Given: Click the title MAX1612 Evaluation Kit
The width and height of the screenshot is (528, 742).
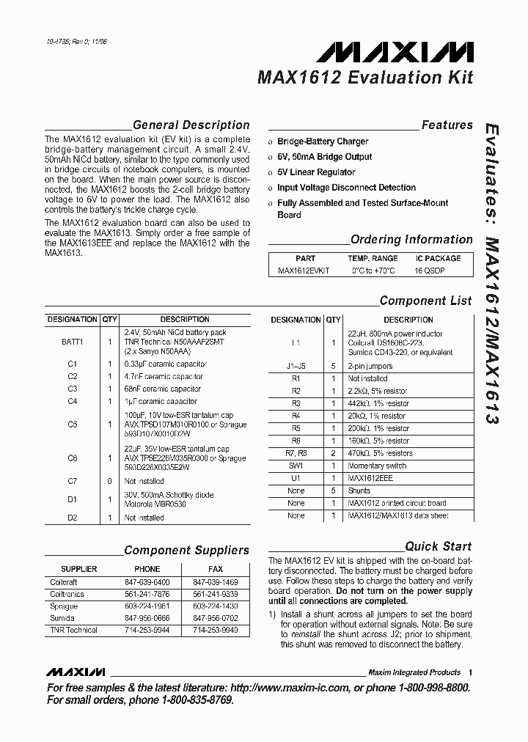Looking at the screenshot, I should click(x=364, y=78).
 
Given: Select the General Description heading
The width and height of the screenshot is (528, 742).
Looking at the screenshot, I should click(x=191, y=125).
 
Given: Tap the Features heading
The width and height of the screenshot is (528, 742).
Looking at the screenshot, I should click(x=447, y=125).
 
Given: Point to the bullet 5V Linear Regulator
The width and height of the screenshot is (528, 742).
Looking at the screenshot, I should click(x=316, y=172).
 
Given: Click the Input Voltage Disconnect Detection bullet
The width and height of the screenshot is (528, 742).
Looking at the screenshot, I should click(x=346, y=188).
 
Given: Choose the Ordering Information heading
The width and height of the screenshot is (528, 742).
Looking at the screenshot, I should click(x=411, y=240).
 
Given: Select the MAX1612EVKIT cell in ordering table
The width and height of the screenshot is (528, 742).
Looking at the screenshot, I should click(x=304, y=271).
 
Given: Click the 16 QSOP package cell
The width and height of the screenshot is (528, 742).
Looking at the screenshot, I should click(x=430, y=271).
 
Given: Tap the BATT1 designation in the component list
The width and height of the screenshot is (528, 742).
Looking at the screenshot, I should click(x=73, y=342).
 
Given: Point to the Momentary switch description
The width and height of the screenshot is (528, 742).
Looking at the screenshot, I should click(x=377, y=466).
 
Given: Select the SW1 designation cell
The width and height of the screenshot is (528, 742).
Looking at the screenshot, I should click(x=296, y=466).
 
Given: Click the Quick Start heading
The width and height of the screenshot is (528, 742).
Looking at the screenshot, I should click(x=439, y=546).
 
